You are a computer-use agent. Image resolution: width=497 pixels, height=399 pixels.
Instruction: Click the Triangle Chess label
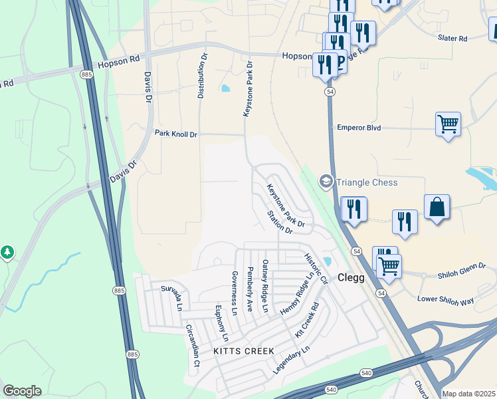(367, 182)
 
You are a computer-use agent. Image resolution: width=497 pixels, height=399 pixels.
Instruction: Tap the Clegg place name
(351, 278)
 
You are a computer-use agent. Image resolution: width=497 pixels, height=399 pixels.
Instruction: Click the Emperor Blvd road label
(359, 127)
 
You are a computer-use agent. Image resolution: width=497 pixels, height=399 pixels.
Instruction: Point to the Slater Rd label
(452, 39)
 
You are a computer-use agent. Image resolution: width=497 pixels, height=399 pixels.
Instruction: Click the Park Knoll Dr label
(176, 134)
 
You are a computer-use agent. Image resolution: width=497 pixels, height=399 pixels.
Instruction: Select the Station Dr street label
(280, 222)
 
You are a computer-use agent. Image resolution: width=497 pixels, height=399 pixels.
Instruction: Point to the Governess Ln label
(234, 293)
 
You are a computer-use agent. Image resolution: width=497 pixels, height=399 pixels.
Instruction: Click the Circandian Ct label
(193, 345)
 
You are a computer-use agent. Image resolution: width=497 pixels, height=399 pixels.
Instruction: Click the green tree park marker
(7, 253)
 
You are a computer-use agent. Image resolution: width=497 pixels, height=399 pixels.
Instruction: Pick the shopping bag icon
(437, 207)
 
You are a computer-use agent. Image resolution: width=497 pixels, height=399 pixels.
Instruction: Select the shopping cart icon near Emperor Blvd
(448, 124)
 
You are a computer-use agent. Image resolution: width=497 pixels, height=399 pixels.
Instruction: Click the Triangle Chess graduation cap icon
(326, 181)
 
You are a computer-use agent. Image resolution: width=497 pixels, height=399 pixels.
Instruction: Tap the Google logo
(22, 391)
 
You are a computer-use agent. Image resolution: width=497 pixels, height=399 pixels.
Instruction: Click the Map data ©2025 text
(468, 394)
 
